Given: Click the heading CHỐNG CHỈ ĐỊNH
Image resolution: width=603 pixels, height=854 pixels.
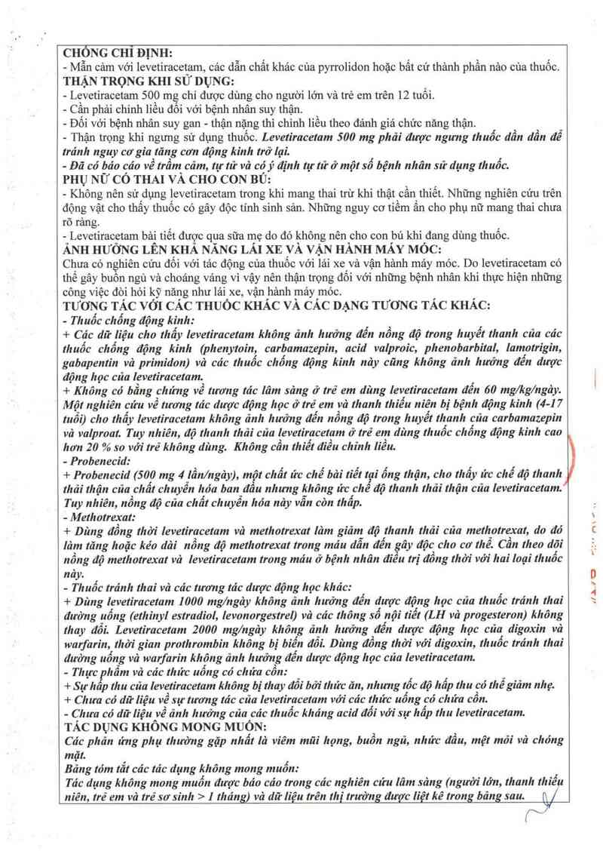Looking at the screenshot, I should [x=118, y=53].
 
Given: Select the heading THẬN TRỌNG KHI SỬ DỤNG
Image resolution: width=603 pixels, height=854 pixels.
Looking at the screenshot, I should [x=151, y=81].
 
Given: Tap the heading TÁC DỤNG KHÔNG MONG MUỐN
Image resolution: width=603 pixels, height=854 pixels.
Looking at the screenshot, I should [x=160, y=726].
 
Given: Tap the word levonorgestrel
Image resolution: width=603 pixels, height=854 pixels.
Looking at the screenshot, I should [x=243, y=614].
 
